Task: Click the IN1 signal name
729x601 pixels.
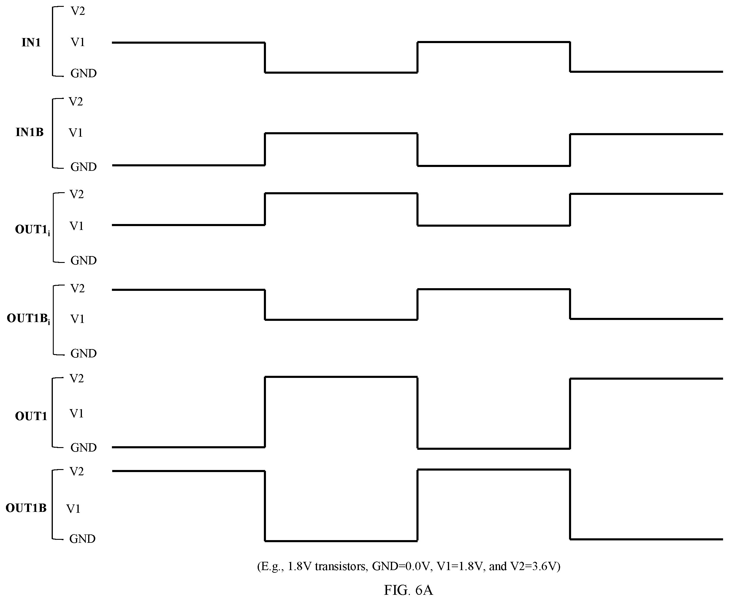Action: tap(31, 42)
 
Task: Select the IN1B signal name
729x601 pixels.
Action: tap(29, 132)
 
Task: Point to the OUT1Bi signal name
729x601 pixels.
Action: tap(28, 318)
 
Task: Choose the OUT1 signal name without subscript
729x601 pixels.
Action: tap(31, 416)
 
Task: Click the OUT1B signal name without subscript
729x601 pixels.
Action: tap(26, 508)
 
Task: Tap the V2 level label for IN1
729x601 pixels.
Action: tap(78, 11)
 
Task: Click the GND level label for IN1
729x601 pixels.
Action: tap(83, 73)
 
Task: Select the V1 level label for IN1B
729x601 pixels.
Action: tap(76, 132)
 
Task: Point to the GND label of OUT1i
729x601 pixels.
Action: tap(83, 260)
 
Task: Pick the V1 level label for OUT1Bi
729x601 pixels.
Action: tap(77, 319)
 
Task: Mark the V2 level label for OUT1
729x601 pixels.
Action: tap(77, 378)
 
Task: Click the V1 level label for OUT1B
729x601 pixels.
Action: tap(73, 509)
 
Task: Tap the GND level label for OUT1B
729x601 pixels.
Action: tap(82, 539)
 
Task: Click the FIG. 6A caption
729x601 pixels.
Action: tap(408, 590)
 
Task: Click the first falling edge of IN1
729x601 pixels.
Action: tap(265, 57)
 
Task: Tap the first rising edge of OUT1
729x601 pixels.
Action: tap(265, 412)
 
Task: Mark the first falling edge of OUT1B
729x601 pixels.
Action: tap(265, 506)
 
